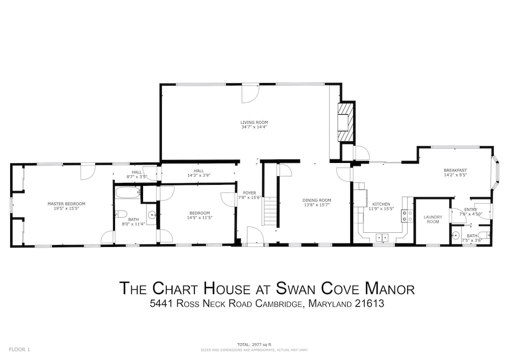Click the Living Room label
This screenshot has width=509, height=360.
[254, 122]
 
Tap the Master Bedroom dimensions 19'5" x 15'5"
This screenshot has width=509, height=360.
[66, 208]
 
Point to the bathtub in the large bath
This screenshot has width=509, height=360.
[127, 193]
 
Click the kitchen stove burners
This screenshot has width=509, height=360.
[407, 216]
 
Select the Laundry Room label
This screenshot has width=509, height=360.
[433, 219]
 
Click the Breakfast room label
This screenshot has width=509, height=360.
[455, 170]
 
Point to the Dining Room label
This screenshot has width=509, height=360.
[317, 200]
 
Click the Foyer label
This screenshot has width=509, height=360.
[249, 193]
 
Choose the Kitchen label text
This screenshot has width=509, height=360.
[381, 204]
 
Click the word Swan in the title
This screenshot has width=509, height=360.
[297, 288]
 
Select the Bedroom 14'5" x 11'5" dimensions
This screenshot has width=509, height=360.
[200, 217]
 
